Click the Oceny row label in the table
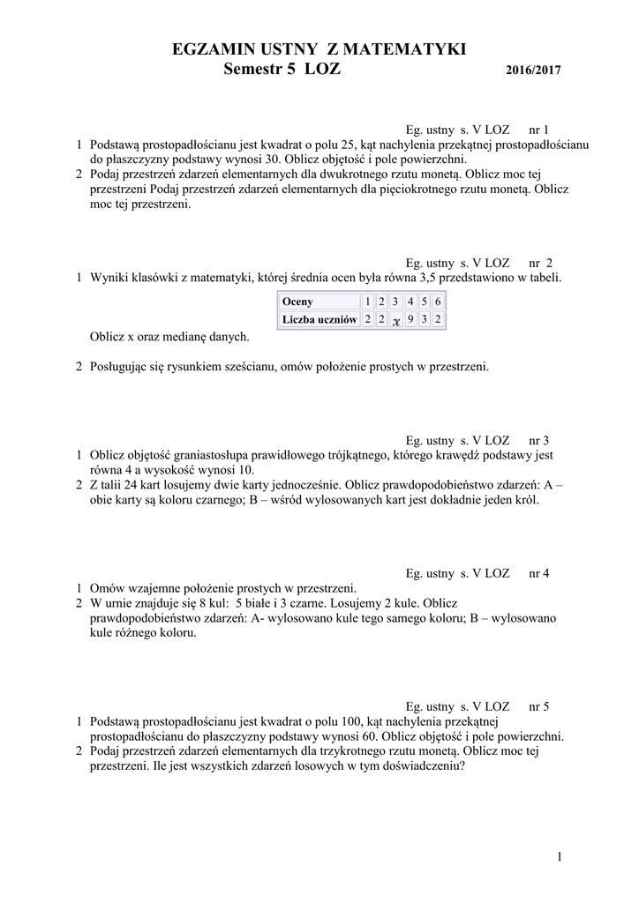(297, 302)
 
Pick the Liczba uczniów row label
(319, 319)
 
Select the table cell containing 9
(410, 319)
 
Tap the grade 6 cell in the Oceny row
(438, 302)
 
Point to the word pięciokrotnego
(382, 189)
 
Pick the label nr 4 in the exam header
(538, 573)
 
